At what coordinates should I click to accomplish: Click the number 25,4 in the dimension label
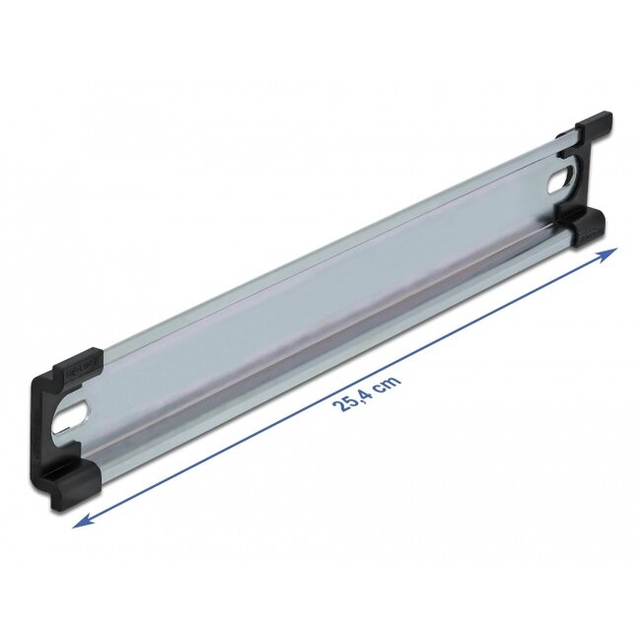click(x=355, y=400)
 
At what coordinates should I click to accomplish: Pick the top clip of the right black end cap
click(x=592, y=127)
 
